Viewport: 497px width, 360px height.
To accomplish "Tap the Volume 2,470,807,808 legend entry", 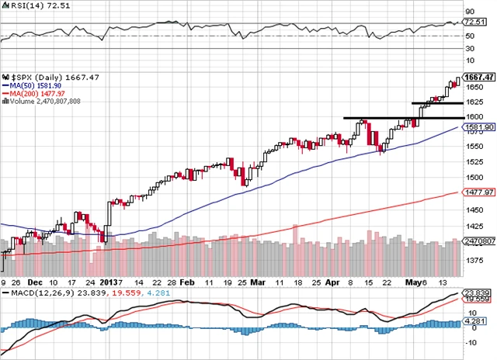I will coord(43,100).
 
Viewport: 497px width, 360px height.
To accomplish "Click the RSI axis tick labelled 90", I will coord(470,12).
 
